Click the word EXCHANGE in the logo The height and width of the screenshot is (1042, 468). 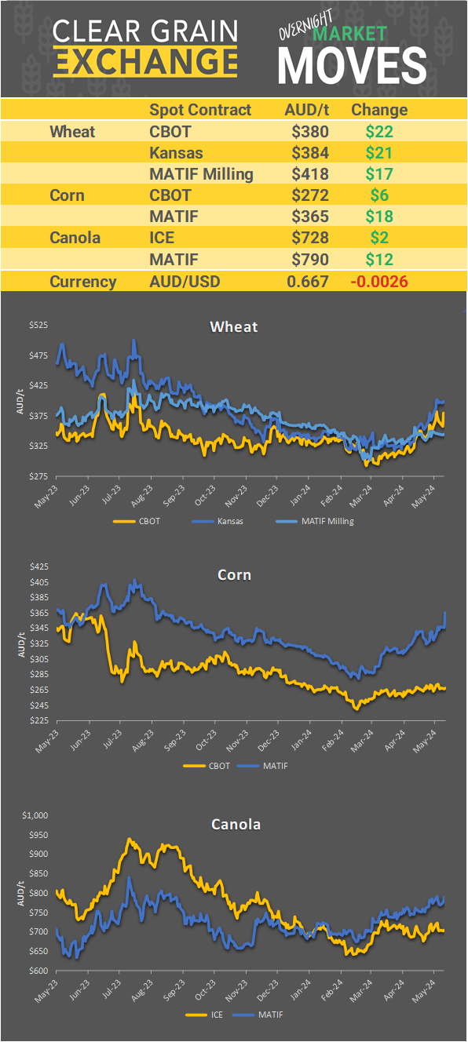pyautogui.click(x=145, y=61)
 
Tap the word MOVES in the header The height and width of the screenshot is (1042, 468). pyautogui.click(x=352, y=65)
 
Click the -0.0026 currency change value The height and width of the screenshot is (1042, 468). pyautogui.click(x=379, y=282)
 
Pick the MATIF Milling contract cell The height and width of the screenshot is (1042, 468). pyautogui.click(x=201, y=174)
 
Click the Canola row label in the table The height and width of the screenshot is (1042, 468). pyautogui.click(x=75, y=237)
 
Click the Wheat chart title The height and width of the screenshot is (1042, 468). pyautogui.click(x=234, y=326)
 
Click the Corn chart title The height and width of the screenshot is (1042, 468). pyautogui.click(x=234, y=575)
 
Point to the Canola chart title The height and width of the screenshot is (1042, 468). pyautogui.click(x=236, y=824)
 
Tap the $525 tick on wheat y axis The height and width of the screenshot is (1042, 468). pyautogui.click(x=38, y=325)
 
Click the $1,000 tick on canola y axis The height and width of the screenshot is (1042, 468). pyautogui.click(x=35, y=815)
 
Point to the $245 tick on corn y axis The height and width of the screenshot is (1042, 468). pyautogui.click(x=38, y=705)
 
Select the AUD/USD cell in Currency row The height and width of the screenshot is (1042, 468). pyautogui.click(x=186, y=282)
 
